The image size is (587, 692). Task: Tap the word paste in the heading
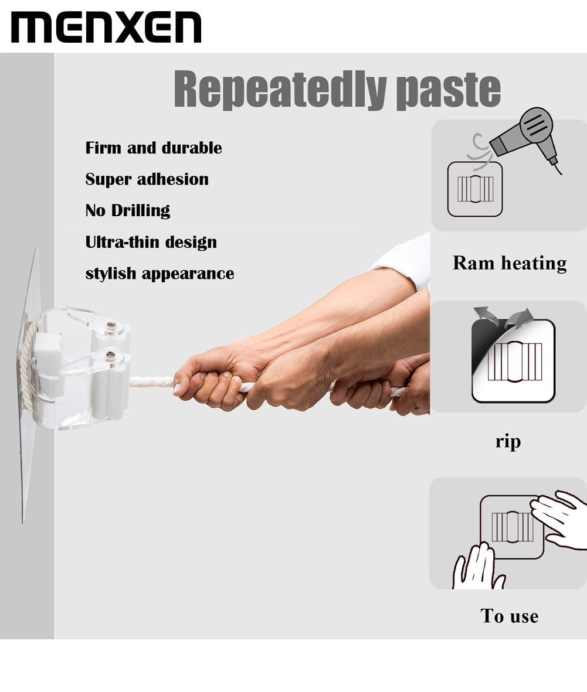[x=448, y=90]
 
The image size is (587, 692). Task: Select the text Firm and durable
[x=154, y=148]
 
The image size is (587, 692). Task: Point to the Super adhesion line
[x=147, y=179]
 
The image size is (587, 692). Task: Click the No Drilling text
[x=128, y=210]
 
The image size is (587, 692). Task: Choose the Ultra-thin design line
[x=151, y=243]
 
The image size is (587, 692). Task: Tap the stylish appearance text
[x=160, y=274]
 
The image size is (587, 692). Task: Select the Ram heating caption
[x=510, y=264]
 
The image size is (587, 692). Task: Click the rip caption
[x=508, y=441]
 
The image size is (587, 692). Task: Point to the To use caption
[x=510, y=616]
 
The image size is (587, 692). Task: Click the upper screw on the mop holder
[x=111, y=326]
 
